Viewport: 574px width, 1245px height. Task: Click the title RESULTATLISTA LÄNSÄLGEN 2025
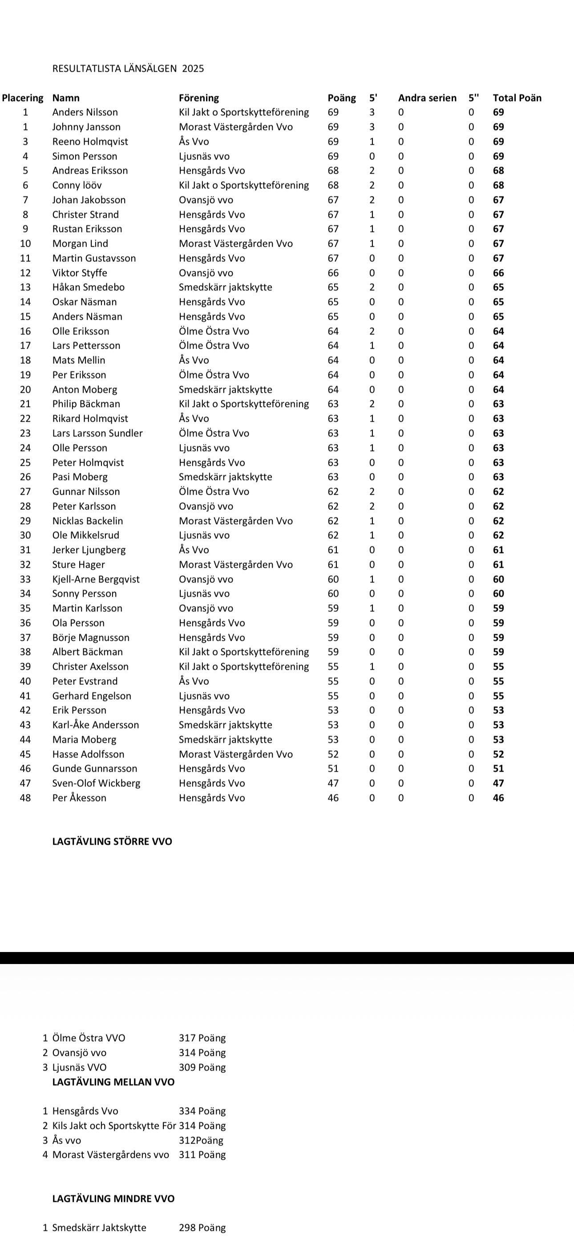pos(128,69)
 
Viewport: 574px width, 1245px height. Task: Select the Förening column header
pos(198,98)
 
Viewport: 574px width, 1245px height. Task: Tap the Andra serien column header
pos(427,98)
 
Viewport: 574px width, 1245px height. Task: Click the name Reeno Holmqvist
pos(90,142)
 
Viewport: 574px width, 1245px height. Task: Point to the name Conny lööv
pos(77,185)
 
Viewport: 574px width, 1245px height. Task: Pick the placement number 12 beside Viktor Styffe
pos(25,273)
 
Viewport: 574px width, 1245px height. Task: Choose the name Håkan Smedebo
pos(89,287)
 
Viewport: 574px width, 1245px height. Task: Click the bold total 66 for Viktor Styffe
pos(498,273)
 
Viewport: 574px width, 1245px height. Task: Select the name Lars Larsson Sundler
pos(97,433)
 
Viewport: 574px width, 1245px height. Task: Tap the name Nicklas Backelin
pos(88,521)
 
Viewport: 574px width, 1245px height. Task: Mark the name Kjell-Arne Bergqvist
pos(96,579)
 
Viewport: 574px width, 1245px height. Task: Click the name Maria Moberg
pos(84,740)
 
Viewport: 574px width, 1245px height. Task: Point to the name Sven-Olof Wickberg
pos(96,783)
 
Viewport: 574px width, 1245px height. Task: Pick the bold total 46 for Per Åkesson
pos(498,798)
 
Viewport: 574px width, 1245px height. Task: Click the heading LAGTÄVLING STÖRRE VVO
pos(112,842)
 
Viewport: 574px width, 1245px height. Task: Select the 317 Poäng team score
pos(202,1037)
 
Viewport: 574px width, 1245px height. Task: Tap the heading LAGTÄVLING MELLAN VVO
pos(113,1082)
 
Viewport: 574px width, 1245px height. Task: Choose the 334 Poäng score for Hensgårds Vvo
pos(202,1111)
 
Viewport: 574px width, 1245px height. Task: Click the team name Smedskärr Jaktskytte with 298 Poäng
pos(99,1228)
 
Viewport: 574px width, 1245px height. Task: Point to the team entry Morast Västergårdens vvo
pos(111,1155)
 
